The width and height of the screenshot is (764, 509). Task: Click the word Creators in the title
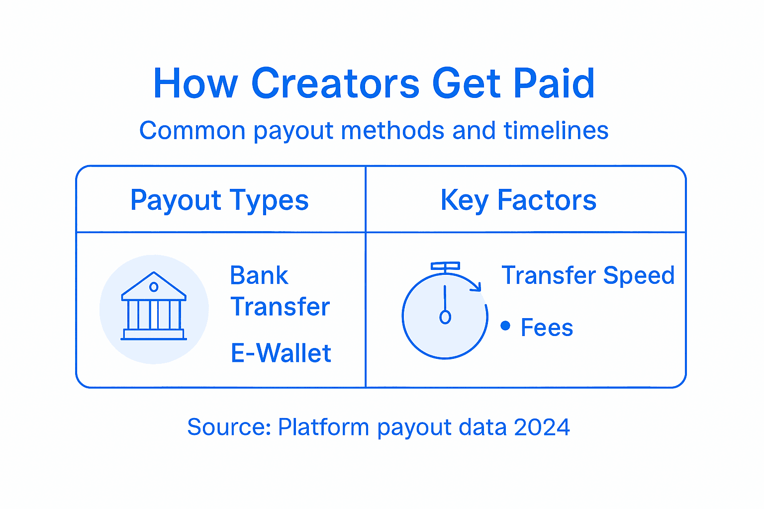pyautogui.click(x=336, y=84)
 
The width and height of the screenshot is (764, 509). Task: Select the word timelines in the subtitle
pyautogui.click(x=556, y=131)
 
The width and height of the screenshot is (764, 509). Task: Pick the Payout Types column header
pyautogui.click(x=219, y=200)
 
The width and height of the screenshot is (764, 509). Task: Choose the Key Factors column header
pyautogui.click(x=518, y=200)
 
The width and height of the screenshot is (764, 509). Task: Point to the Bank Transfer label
pyautogui.click(x=280, y=291)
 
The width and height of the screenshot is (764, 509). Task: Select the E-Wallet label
pyautogui.click(x=281, y=353)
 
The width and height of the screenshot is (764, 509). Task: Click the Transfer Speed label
pyautogui.click(x=588, y=275)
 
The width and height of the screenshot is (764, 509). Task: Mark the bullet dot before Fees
pyautogui.click(x=505, y=326)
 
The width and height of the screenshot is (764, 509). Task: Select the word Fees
pyautogui.click(x=547, y=328)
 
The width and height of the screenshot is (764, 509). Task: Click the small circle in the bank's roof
pyautogui.click(x=154, y=287)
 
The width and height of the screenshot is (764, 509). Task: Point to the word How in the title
pyautogui.click(x=195, y=84)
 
